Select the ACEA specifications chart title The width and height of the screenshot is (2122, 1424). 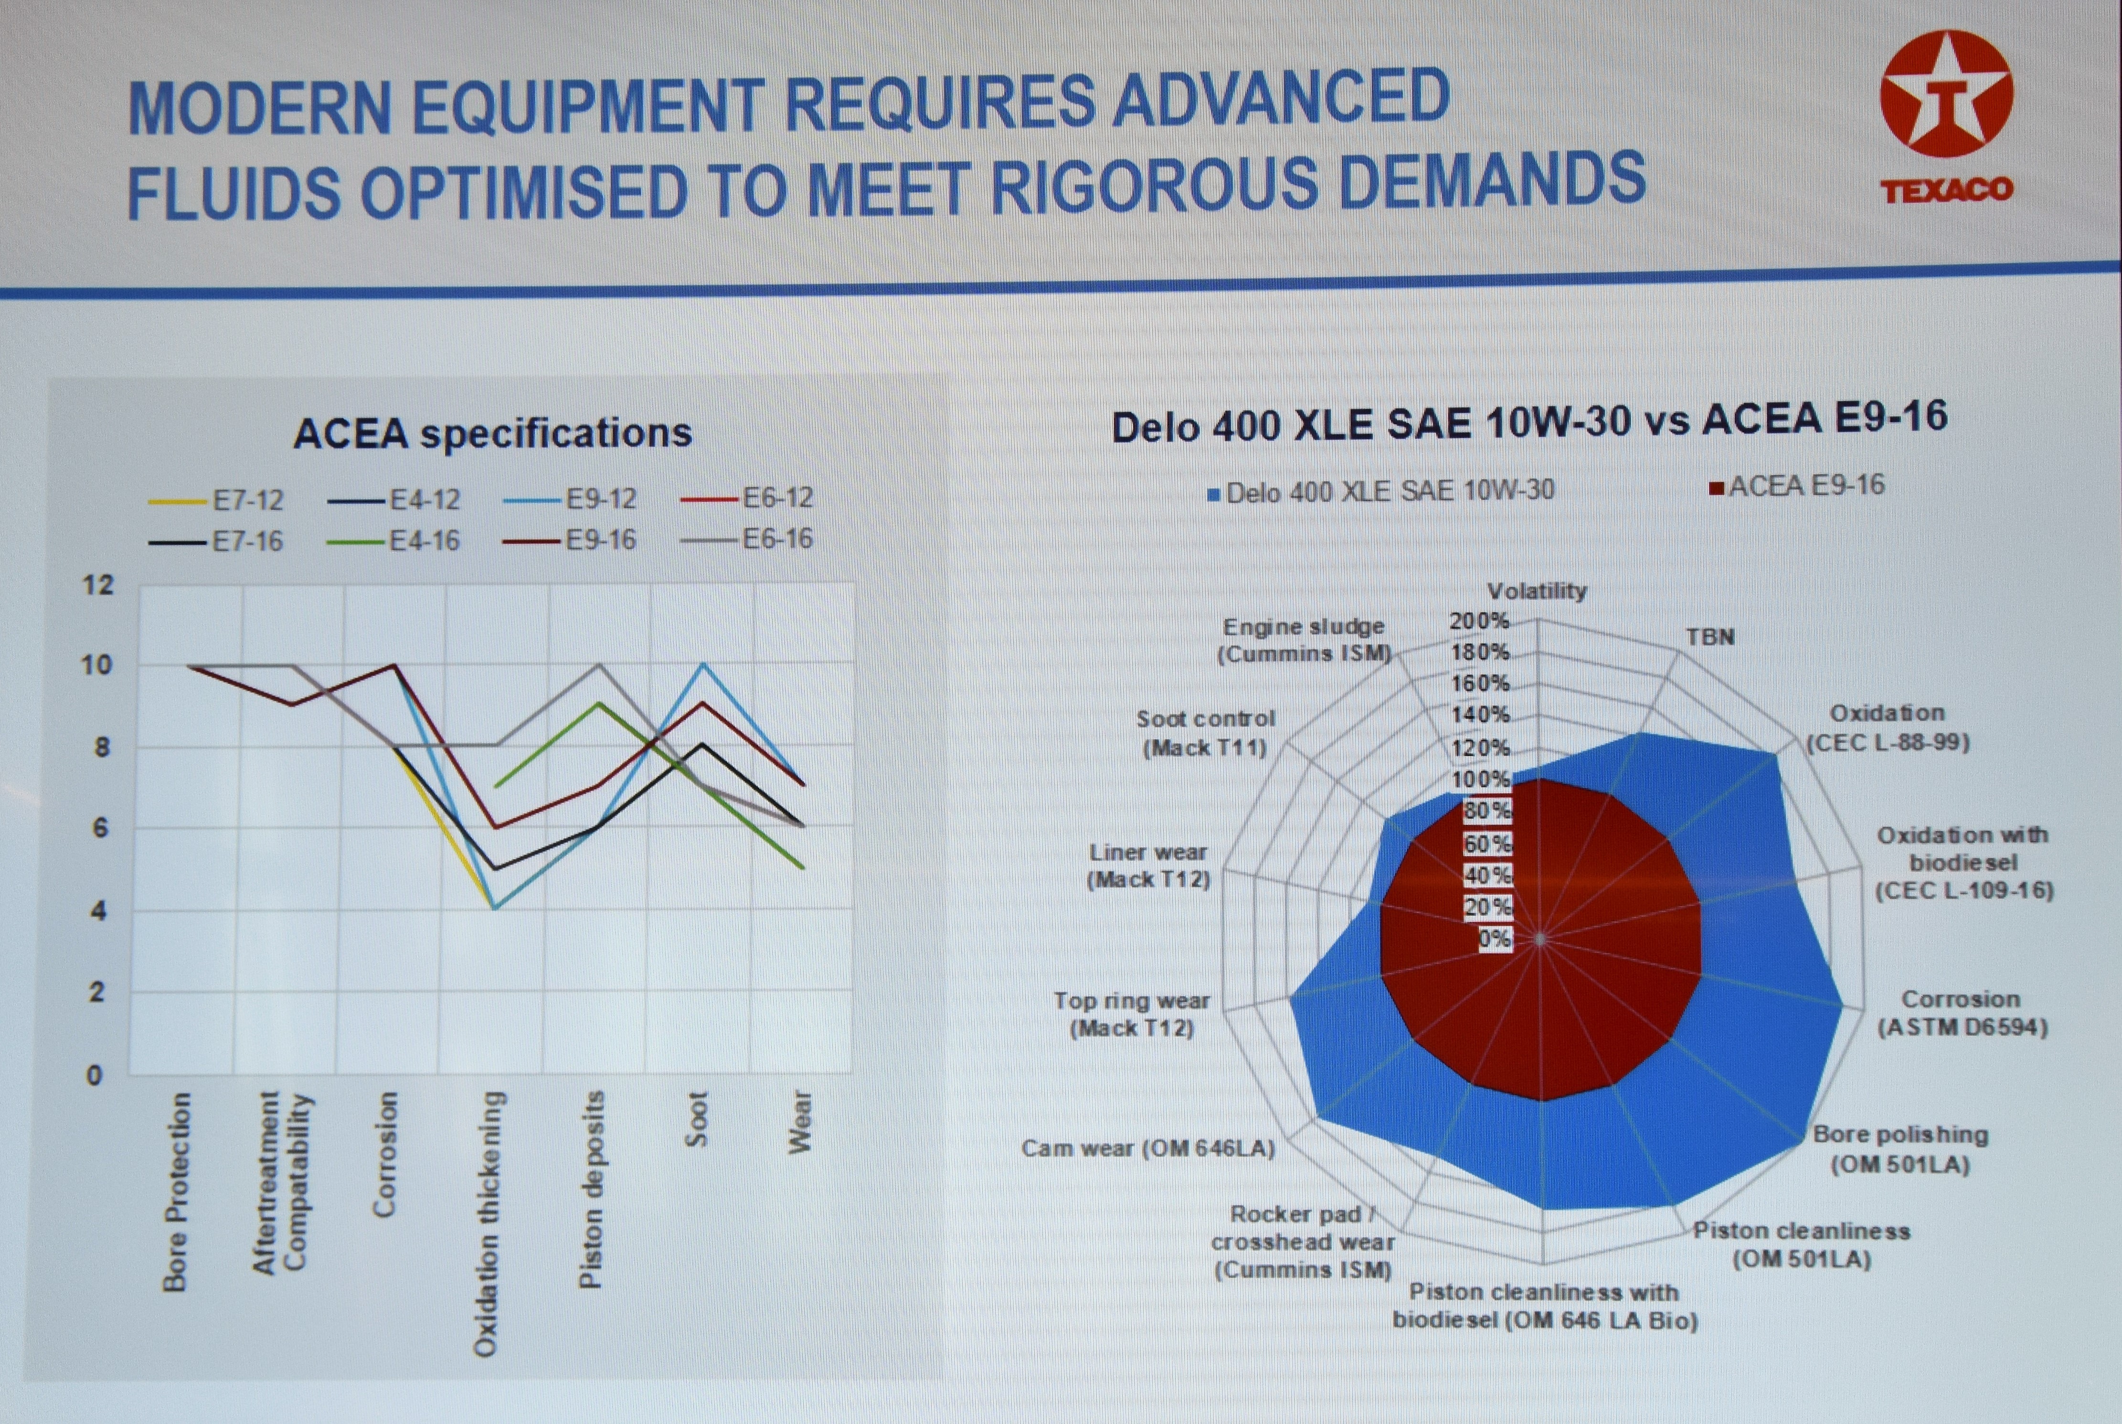pyautogui.click(x=492, y=432)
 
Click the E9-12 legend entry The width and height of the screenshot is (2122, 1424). pyautogui.click(x=600, y=498)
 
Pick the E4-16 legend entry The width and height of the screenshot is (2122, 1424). pyautogui.click(x=424, y=541)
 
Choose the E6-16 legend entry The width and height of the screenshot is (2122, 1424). pyautogui.click(x=777, y=539)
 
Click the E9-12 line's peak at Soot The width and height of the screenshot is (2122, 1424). pyautogui.click(x=702, y=664)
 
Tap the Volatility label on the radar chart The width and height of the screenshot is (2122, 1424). pyautogui.click(x=1536, y=591)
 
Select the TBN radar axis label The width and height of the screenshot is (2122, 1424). pyautogui.click(x=1709, y=637)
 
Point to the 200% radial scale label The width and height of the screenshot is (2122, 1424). pyautogui.click(x=1479, y=621)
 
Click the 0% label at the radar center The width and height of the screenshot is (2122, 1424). pyautogui.click(x=1494, y=938)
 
